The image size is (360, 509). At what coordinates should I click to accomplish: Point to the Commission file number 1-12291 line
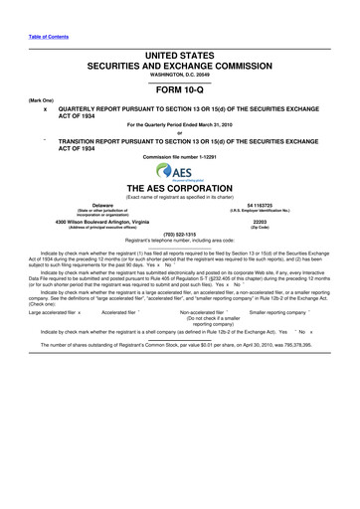[180, 157]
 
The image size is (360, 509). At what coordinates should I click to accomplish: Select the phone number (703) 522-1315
[179, 236]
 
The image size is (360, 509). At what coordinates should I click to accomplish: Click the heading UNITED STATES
[179, 51]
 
